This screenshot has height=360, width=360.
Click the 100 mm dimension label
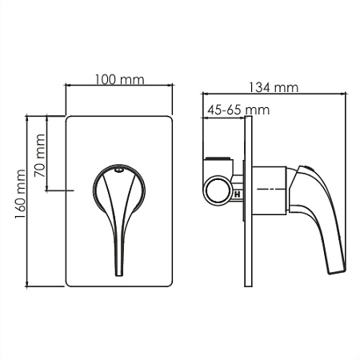pos(120,79)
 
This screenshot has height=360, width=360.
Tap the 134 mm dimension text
pos(274,87)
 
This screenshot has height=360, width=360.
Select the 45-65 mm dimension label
pos(238,110)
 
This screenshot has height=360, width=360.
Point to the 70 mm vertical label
pos(40,155)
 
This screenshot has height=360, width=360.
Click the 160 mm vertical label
pos(20,194)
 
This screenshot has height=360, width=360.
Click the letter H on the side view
pos(237,194)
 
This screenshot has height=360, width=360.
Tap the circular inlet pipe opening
pos(218,190)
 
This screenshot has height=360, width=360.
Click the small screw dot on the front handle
pos(118,170)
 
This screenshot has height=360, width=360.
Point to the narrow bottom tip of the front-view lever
pos(119,275)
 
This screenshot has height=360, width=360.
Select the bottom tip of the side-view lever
pos(337,272)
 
